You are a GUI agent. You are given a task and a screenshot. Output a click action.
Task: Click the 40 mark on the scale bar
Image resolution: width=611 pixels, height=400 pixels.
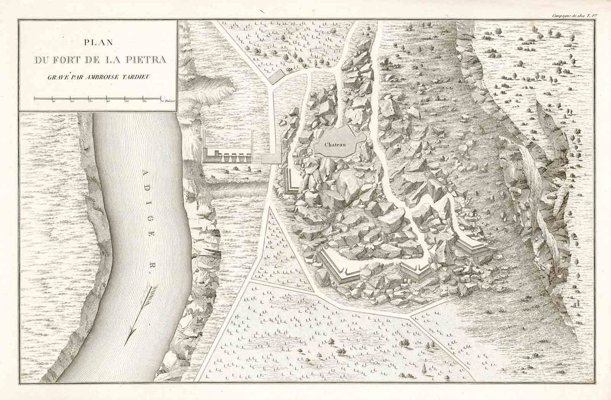tap(108, 101)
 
